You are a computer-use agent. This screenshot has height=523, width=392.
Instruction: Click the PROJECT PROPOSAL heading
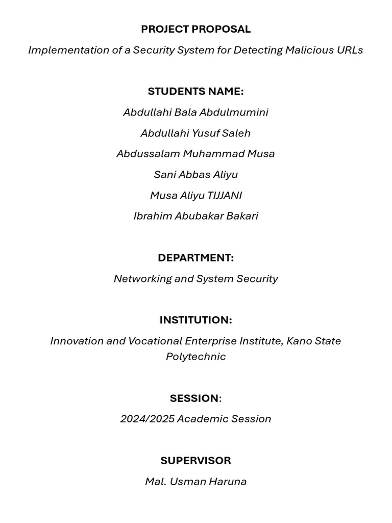[x=195, y=29]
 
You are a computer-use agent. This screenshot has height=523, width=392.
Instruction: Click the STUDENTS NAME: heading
[x=195, y=91]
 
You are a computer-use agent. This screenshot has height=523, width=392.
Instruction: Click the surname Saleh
[x=236, y=133]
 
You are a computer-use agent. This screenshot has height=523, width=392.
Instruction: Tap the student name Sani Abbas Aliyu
[x=195, y=175]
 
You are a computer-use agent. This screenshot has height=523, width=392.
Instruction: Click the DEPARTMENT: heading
[x=195, y=258]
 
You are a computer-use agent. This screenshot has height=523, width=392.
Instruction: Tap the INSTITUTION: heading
[x=195, y=320]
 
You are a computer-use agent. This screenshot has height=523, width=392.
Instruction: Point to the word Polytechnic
[x=195, y=356]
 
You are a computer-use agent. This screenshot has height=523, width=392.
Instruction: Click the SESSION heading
[x=194, y=398]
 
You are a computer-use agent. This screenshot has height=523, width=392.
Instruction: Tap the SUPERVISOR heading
[x=195, y=461]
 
